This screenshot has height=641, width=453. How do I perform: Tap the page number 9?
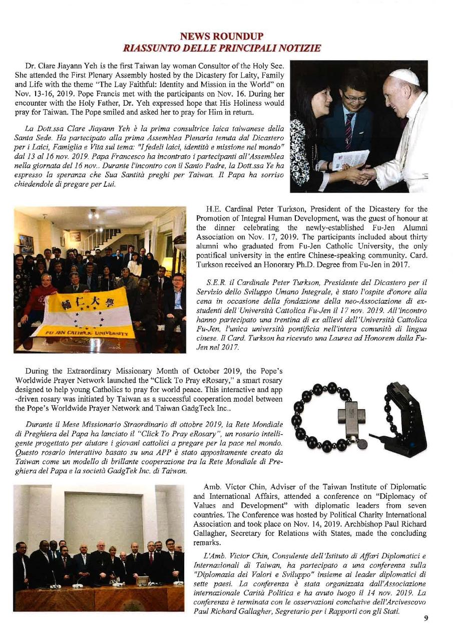tap(426, 618)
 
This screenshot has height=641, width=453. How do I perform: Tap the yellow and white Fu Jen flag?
tap(85, 311)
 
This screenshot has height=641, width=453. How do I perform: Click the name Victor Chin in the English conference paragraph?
tap(239, 487)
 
